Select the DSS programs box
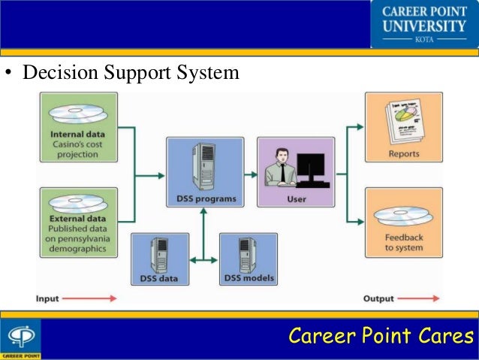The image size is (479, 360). coord(205,171)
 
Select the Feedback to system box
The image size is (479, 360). coord(403,222)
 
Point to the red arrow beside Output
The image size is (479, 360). coord(421,299)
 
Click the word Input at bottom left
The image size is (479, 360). coord(47,299)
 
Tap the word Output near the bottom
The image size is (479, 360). coord(379,299)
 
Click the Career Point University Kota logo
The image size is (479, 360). coord(423,24)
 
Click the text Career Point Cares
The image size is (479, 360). coord(382,335)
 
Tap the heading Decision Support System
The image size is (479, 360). coord(131,74)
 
